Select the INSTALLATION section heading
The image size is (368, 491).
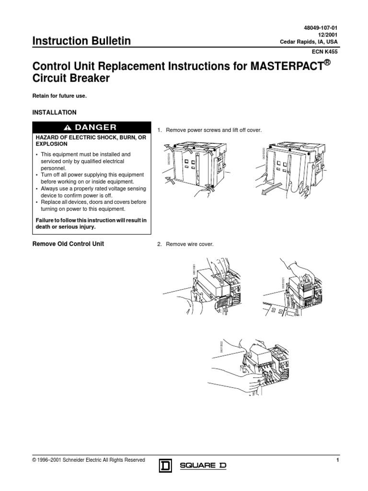pos(54,113)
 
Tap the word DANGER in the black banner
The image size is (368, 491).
pos(95,127)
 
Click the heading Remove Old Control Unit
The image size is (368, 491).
pos(68,244)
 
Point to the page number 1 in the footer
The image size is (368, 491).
pos(338,460)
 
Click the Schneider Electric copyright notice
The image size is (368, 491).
pos(88,460)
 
